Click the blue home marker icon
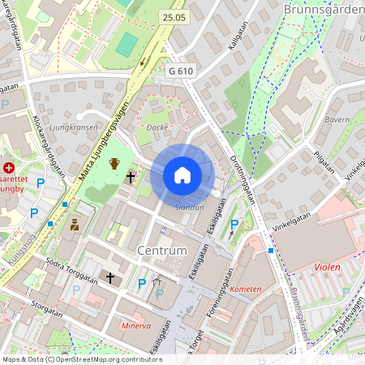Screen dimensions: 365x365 (x=182, y=175)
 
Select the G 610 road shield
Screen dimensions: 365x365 (x=182, y=71)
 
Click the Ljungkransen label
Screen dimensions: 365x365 (x=74, y=127)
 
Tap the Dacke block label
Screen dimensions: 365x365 (x=157, y=127)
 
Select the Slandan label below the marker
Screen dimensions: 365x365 (x=189, y=208)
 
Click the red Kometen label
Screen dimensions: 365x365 (x=246, y=289)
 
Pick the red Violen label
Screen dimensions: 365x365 (x=327, y=267)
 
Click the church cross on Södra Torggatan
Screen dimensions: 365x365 (x=110, y=277)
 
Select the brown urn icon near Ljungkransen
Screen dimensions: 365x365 (x=114, y=164)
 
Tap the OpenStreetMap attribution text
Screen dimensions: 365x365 (x=81, y=359)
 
